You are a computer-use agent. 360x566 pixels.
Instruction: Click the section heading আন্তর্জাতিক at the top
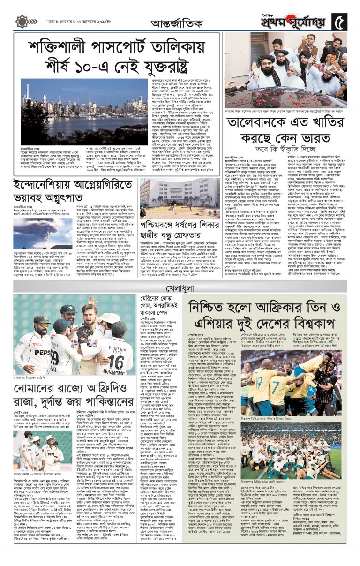point(177,23)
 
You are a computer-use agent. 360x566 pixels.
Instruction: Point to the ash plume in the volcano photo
point(43,228)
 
